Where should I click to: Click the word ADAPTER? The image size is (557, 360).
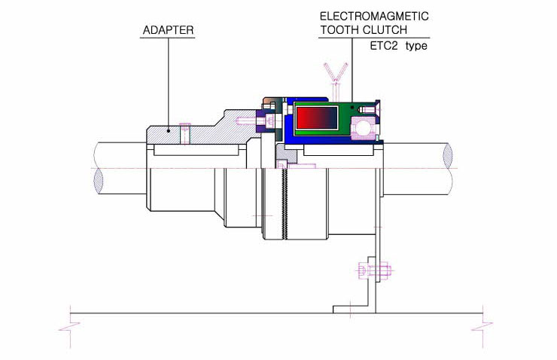pos(168,30)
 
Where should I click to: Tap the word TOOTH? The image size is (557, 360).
pos(339,30)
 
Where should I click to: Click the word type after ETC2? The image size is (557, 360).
pos(416,46)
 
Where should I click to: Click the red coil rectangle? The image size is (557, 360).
pos(317,117)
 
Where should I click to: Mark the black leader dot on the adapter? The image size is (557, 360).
pos(169,131)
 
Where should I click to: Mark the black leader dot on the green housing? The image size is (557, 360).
pos(352,107)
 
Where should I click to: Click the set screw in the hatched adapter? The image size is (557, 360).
pos(184,133)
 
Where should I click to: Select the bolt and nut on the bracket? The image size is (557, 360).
pos(373,271)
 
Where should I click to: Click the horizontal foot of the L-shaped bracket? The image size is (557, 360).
pos(355,310)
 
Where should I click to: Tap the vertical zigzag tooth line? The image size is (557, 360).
pos(284,203)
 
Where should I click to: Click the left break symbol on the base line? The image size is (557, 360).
pos(69,327)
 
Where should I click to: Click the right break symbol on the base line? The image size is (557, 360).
pos(482,327)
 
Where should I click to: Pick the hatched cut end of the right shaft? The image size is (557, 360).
pos(448,156)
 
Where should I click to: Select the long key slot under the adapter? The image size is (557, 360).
pos(196,150)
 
